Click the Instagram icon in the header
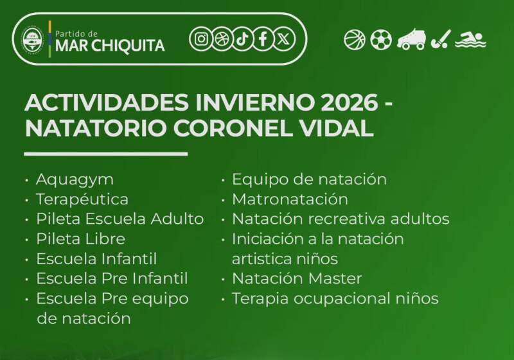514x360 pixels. point(200,39)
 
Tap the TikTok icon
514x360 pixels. point(242,39)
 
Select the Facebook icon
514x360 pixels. point(262,39)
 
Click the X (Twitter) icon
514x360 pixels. point(283,39)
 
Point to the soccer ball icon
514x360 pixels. point(380,40)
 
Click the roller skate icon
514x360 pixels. point(411,40)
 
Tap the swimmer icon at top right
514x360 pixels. point(470,39)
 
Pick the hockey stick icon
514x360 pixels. point(441,40)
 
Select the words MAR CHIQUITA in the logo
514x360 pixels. point(110,46)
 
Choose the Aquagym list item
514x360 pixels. point(75,179)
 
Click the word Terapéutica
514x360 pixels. point(82,199)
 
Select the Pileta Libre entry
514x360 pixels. point(80,239)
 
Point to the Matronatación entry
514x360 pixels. point(290,199)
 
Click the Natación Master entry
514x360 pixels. point(297,278)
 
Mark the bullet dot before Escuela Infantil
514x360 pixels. point(27,259)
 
